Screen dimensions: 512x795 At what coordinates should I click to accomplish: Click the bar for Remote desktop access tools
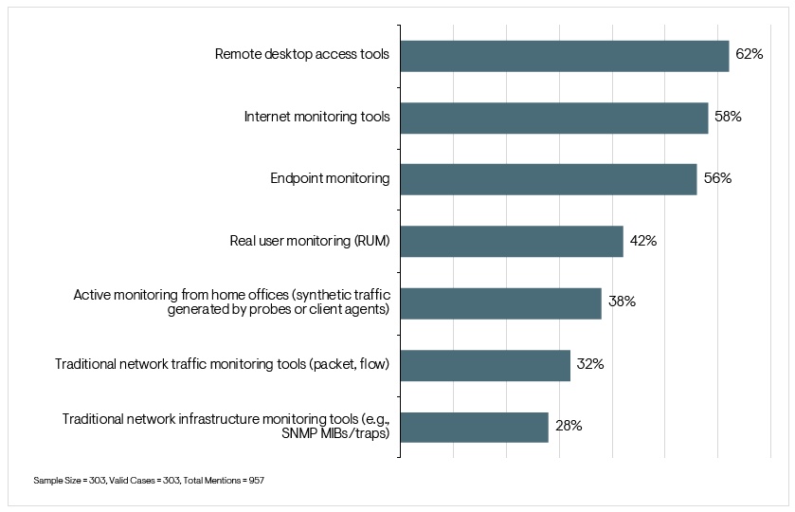point(565,55)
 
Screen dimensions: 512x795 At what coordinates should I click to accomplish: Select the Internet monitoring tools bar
point(554,118)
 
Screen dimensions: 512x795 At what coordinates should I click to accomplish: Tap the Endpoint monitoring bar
point(549,179)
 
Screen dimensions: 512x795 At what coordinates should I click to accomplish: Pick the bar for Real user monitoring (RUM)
point(512,241)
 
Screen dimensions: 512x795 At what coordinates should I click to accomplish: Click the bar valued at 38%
point(500,303)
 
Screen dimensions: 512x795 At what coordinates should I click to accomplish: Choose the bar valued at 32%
point(485,365)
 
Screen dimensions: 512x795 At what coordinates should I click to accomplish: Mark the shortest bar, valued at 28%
point(474,427)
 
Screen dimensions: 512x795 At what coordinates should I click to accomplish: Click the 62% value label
point(750,55)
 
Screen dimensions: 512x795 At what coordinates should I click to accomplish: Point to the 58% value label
point(728,118)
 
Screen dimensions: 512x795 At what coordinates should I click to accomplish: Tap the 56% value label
point(717,179)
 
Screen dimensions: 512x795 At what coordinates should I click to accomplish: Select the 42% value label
point(643,241)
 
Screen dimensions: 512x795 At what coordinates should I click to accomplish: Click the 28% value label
point(569,427)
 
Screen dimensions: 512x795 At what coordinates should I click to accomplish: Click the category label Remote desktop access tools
point(302,55)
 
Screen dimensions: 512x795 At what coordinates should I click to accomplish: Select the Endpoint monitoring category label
point(329,179)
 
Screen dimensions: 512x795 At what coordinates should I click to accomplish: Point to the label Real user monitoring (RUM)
point(310,241)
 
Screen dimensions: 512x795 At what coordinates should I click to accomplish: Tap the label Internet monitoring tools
point(316,118)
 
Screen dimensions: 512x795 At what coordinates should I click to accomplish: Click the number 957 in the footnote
point(255,481)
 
